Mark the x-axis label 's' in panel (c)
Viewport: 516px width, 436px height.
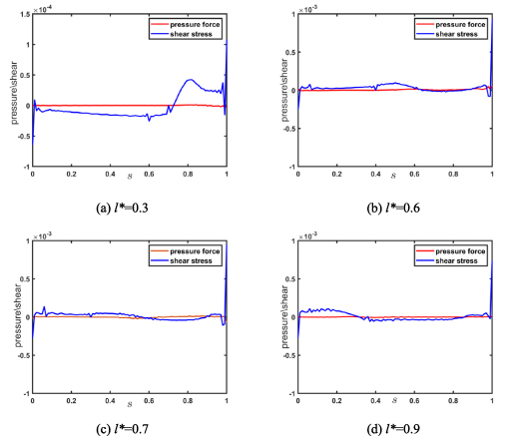(x=131, y=404)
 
